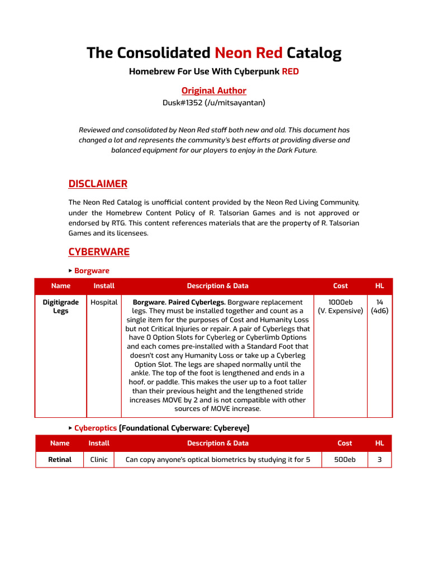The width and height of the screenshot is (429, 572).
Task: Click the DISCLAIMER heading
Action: click(98, 184)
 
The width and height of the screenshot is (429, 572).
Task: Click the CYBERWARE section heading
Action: click(99, 252)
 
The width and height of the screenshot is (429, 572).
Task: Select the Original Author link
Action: click(214, 90)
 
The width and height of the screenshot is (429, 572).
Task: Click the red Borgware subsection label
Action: click(92, 271)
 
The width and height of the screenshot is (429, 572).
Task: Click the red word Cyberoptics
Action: click(96, 428)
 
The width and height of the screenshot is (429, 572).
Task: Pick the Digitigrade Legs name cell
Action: click(61, 307)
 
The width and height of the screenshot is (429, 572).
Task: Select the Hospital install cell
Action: click(104, 302)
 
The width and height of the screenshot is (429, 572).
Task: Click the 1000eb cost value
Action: click(340, 302)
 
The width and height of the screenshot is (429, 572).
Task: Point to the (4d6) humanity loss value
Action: click(380, 311)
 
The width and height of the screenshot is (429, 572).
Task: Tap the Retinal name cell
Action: click(60, 460)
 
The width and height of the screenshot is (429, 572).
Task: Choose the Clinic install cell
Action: click(99, 460)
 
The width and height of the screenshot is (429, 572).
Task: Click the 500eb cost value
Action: click(345, 460)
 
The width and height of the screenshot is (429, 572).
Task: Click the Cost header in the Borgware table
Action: click(340, 286)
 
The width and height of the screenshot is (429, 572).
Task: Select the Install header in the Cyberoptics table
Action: click(99, 444)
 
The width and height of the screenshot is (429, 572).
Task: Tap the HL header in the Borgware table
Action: click(380, 286)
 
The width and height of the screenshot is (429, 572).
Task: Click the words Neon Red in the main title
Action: click(249, 53)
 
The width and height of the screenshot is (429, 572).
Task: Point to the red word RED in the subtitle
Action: click(290, 71)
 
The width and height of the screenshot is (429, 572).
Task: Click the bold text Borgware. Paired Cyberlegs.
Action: click(179, 302)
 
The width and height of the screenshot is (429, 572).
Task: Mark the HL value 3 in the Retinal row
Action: click(380, 460)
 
